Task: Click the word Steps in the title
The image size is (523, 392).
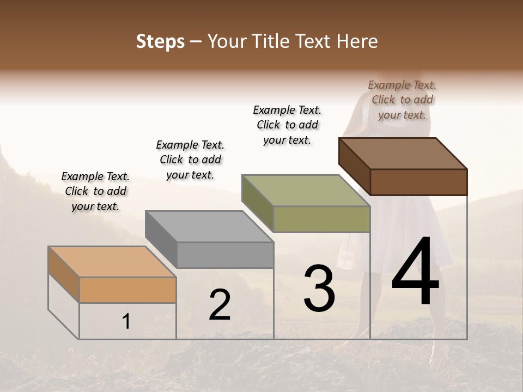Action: [160, 41]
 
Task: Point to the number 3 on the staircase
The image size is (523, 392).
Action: [319, 288]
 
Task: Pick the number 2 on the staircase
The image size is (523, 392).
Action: [220, 305]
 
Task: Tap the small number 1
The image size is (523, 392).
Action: [126, 322]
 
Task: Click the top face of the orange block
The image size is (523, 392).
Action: [112, 262]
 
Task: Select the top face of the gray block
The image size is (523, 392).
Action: [209, 226]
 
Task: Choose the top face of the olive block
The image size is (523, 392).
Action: [306, 190]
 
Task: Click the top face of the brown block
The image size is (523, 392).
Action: [403, 153]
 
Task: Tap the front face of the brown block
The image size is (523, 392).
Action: [418, 182]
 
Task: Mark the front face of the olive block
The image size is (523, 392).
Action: [321, 219]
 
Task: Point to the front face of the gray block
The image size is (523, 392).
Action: [225, 255]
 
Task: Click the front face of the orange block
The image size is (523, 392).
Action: [127, 290]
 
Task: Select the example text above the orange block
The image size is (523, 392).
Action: [95, 191]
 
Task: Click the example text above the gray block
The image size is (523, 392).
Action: [190, 160]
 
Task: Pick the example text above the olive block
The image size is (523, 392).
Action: [287, 125]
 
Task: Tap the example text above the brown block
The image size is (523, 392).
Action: [402, 100]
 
